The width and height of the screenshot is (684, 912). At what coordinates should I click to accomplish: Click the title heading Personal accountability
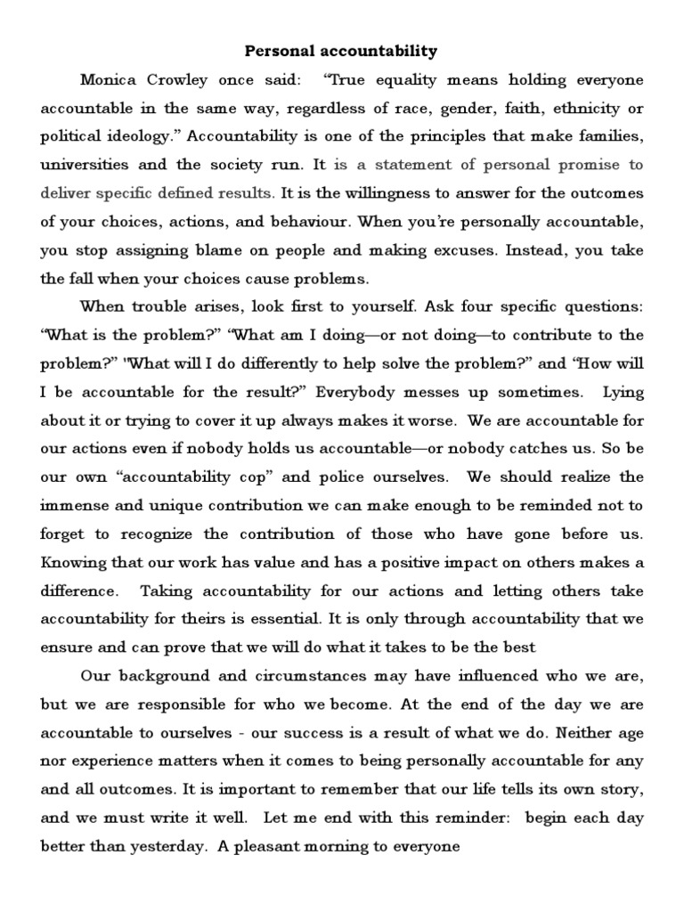click(x=342, y=52)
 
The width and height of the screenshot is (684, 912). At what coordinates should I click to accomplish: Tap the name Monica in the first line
click(x=111, y=80)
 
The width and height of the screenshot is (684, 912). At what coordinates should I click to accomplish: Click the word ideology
click(x=137, y=137)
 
